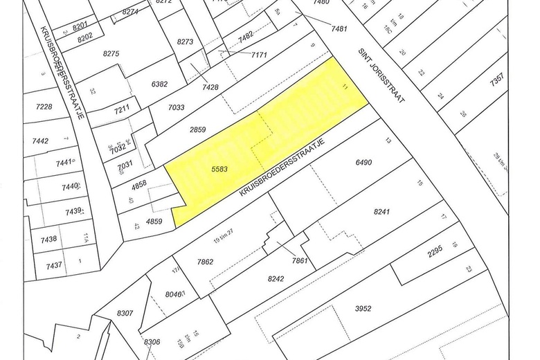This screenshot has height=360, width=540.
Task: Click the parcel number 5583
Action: [219, 168]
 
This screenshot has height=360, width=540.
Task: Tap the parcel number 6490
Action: [363, 163]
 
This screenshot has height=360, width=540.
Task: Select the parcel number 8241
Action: [381, 214]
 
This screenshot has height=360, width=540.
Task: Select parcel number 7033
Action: [177, 107]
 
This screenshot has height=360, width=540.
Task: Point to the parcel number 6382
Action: [159, 84]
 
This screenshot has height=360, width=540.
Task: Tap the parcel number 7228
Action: [44, 106]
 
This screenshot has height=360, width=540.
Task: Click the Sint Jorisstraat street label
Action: [381, 76]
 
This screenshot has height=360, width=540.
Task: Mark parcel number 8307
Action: [125, 313]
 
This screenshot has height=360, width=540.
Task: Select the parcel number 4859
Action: [153, 222]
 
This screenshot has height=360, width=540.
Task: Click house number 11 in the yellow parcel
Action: [345, 86]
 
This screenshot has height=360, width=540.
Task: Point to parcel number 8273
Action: [186, 42]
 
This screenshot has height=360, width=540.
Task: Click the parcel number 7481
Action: [339, 28]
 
